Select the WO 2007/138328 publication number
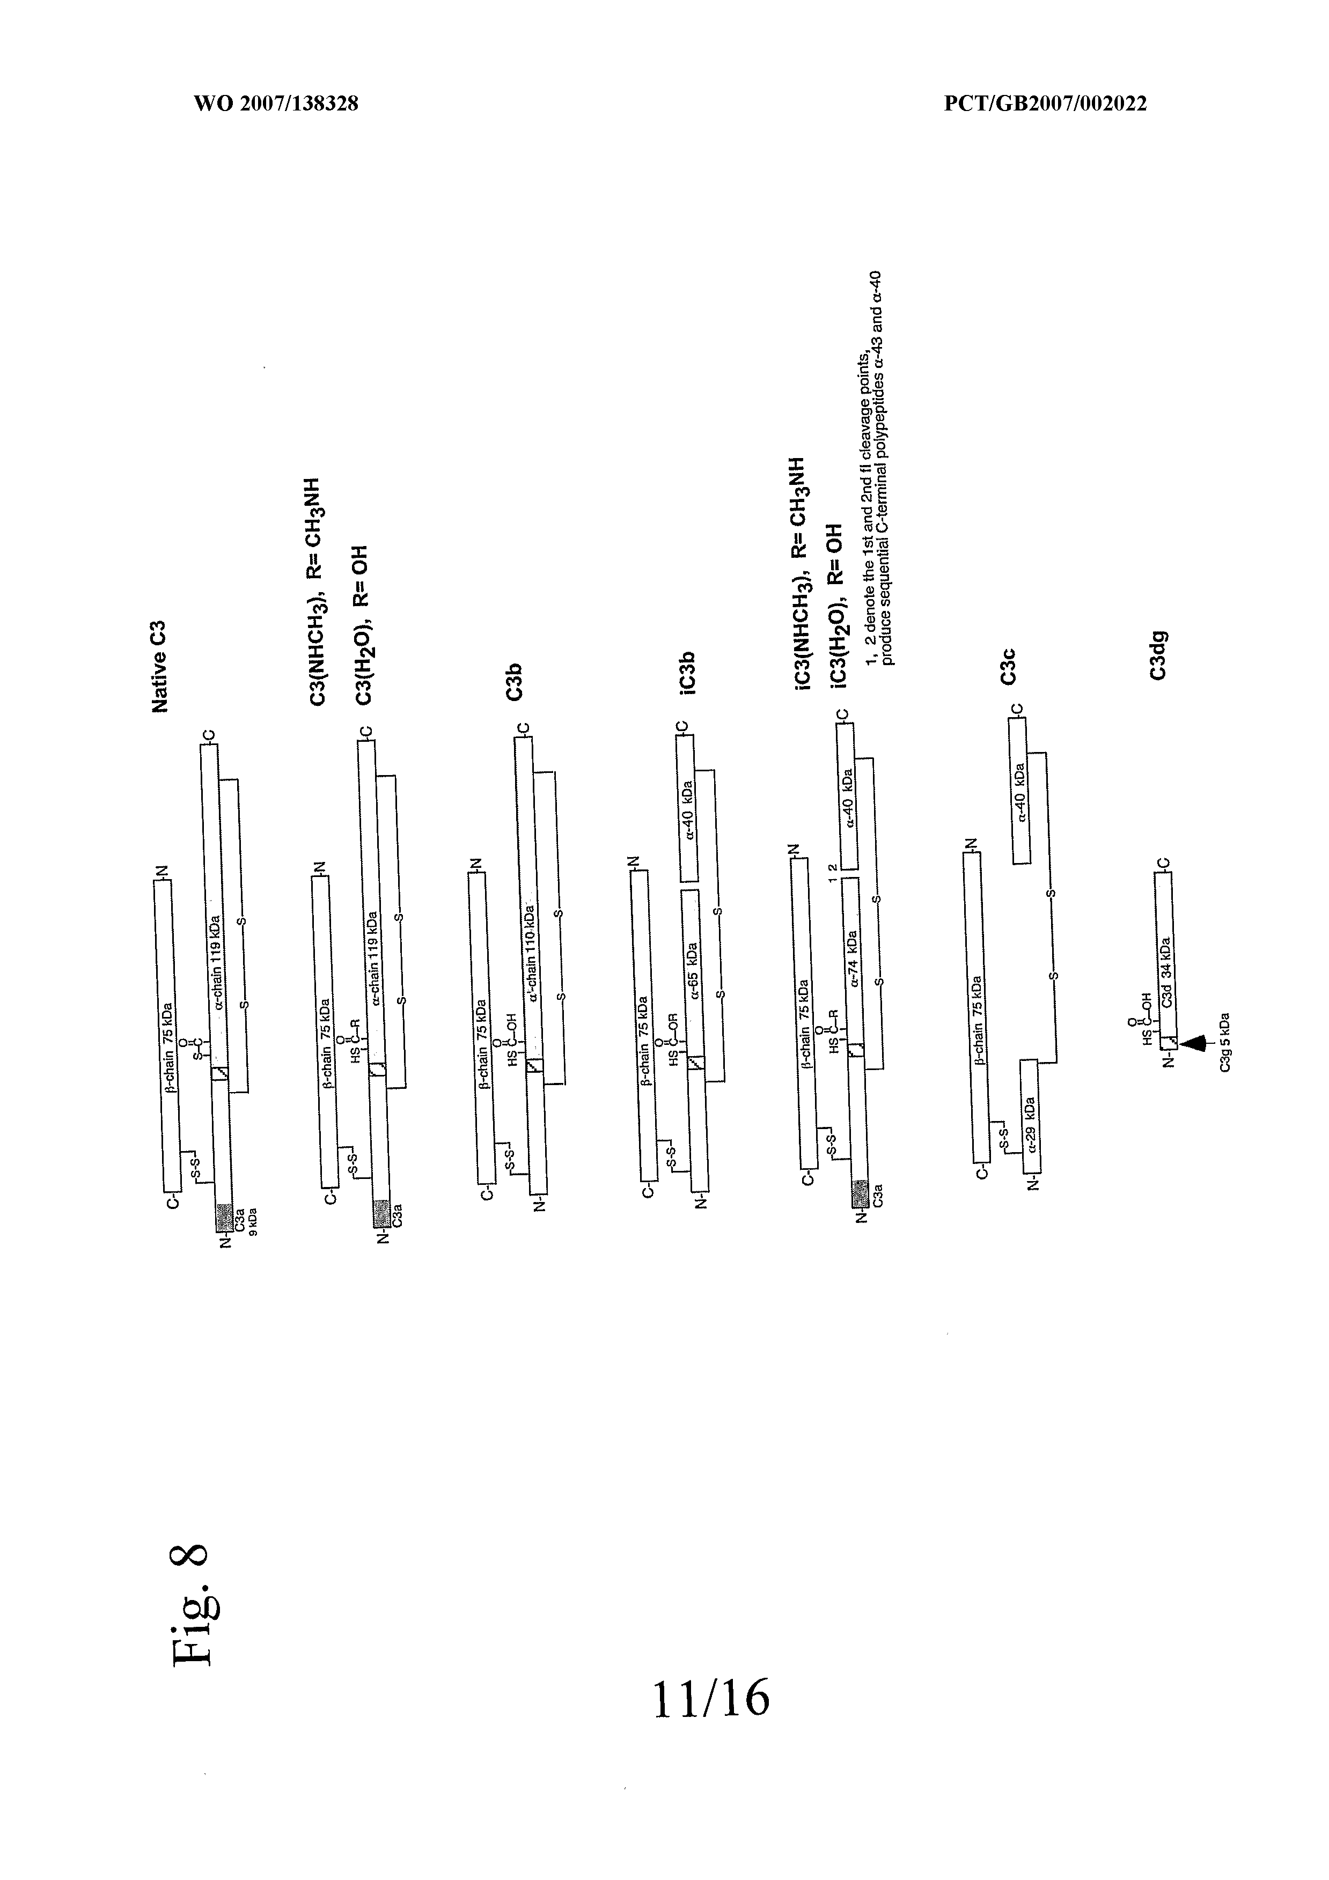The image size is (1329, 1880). tap(276, 104)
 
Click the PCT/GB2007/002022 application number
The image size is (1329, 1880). tap(1045, 104)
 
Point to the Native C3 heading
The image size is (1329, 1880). tap(160, 667)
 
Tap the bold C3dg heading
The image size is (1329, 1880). tap(1157, 655)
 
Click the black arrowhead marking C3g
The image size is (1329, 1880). tap(1195, 1042)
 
